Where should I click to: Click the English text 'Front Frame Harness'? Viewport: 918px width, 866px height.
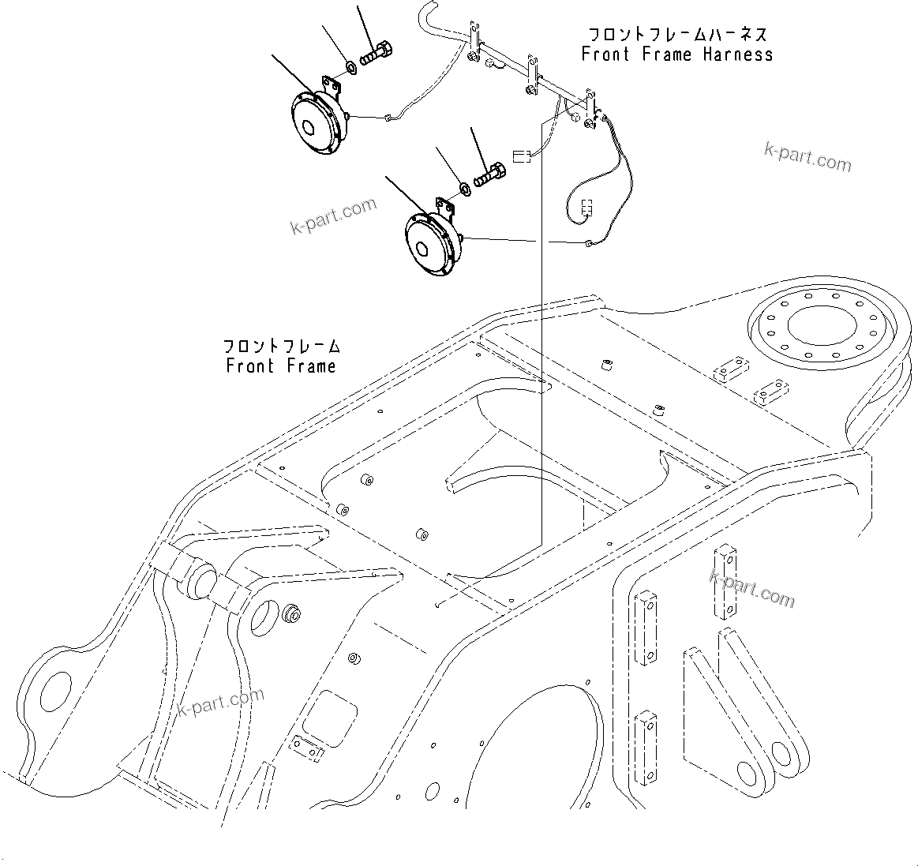click(x=676, y=54)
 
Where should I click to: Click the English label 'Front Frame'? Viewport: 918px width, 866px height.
click(x=280, y=366)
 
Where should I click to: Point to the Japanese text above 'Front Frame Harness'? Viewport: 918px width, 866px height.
click(x=677, y=35)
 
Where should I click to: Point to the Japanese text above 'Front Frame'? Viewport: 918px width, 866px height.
click(x=281, y=346)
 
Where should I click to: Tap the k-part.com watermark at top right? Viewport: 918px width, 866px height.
click(x=807, y=157)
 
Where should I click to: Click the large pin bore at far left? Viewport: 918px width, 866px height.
click(x=54, y=691)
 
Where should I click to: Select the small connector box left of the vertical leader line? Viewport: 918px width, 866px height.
click(x=520, y=156)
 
